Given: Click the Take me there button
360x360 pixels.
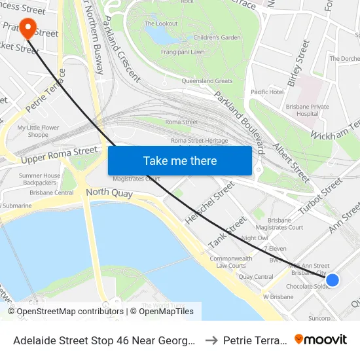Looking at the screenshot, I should tap(180, 160).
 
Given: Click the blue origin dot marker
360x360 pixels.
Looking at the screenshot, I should tap(333, 280).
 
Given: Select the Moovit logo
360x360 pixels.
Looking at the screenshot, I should tap(321, 339).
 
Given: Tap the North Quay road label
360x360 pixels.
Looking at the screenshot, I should tap(109, 194).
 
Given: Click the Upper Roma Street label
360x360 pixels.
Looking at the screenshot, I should tap(58, 155).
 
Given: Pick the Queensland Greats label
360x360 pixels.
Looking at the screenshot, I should tap(207, 81).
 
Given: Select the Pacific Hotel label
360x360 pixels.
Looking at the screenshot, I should tap(267, 92).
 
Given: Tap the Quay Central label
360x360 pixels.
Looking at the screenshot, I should tap(255, 277).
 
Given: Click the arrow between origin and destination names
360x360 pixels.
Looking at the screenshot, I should tap(212, 340).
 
